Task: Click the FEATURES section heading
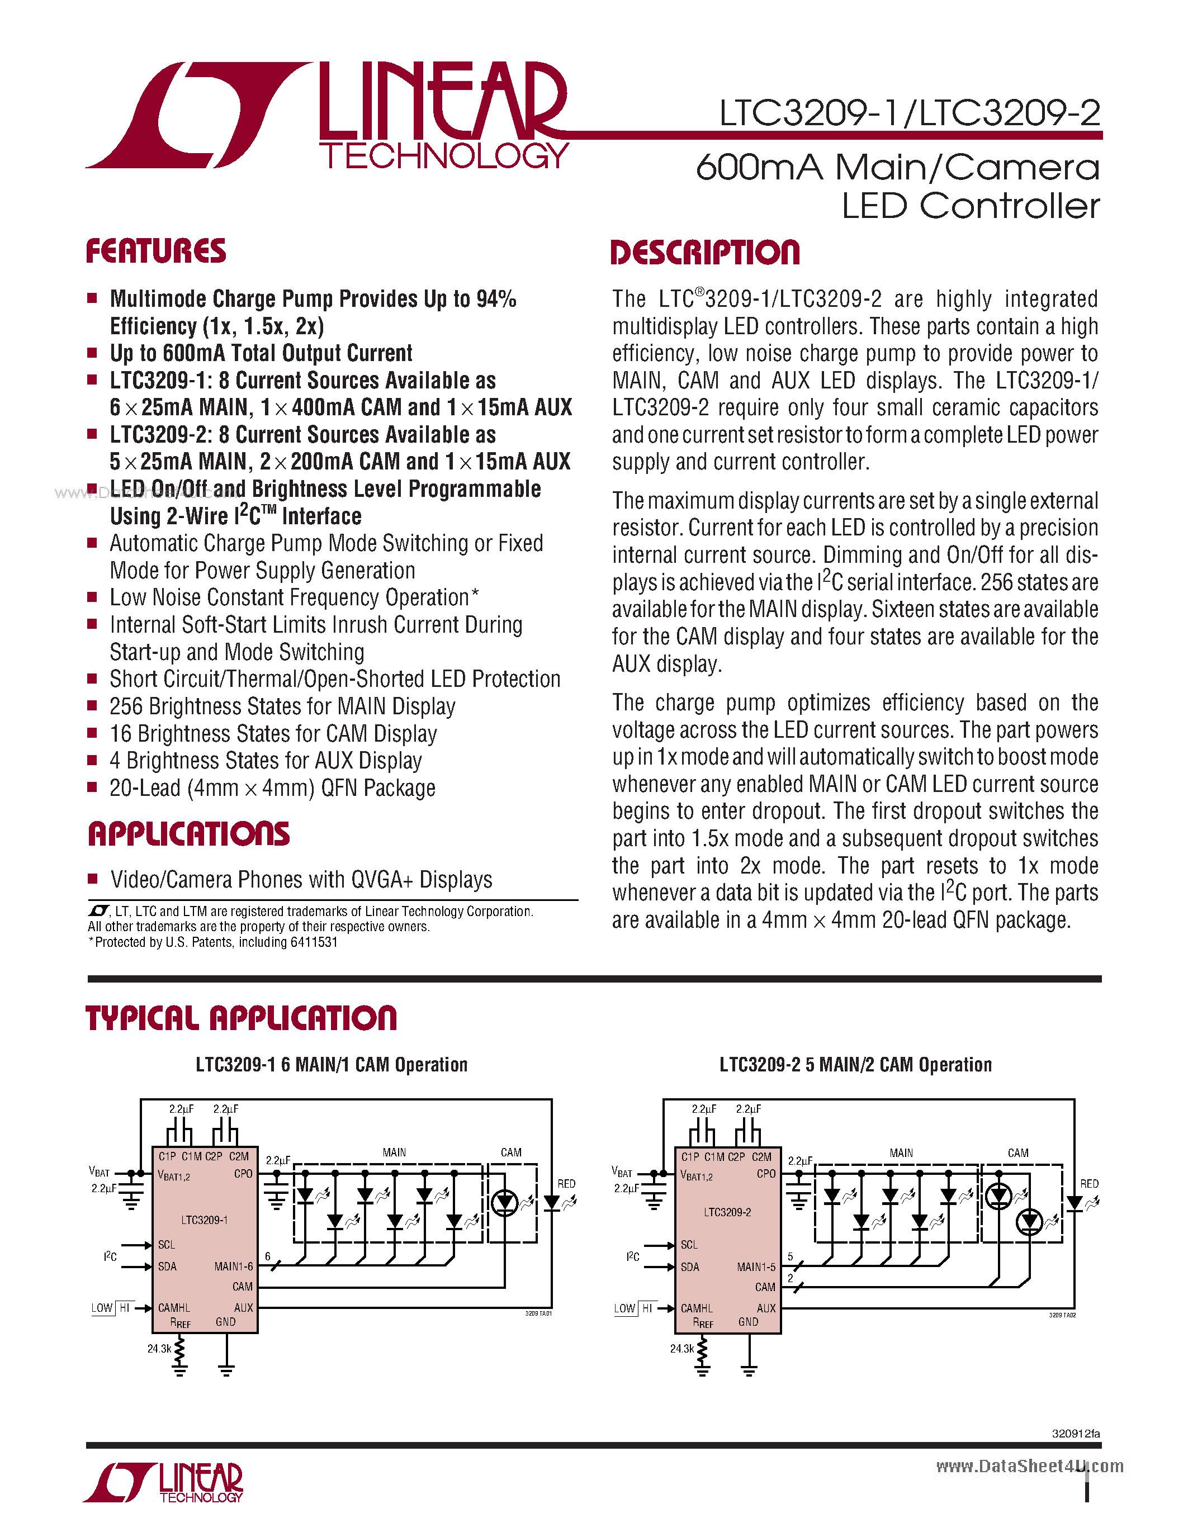[x=155, y=252]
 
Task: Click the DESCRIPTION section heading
[x=704, y=253]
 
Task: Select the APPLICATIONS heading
[x=188, y=834]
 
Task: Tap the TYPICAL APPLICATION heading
[x=241, y=1018]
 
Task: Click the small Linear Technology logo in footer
[x=163, y=1483]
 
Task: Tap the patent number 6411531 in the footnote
[x=313, y=942]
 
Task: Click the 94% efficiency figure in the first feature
[x=496, y=299]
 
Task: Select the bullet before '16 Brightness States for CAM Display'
[x=92, y=733]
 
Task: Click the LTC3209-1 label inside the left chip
[x=204, y=1220]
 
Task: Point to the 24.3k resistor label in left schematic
[x=159, y=1349]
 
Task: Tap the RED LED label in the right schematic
[x=1088, y=1184]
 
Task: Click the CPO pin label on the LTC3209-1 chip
[x=243, y=1174]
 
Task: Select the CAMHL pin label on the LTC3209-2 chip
[x=696, y=1308]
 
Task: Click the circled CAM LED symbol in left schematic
[x=505, y=1203]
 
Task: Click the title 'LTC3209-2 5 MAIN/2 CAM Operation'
[x=855, y=1065]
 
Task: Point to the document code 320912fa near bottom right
[x=1076, y=1434]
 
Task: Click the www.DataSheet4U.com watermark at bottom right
[x=1029, y=1466]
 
